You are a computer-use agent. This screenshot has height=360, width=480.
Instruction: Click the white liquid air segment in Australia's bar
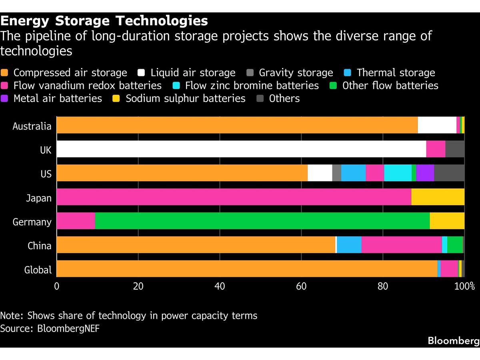click(x=437, y=125)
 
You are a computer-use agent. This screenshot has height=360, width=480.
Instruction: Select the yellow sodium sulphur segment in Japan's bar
click(x=438, y=197)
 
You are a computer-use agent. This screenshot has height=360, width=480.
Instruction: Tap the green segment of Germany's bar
click(x=262, y=221)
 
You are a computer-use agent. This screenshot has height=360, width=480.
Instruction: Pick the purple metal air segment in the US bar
click(x=425, y=173)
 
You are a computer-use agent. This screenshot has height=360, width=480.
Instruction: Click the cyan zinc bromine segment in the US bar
click(x=398, y=173)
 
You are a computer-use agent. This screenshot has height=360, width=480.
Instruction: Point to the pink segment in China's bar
click(x=402, y=245)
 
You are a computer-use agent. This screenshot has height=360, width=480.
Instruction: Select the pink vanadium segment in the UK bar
click(x=436, y=149)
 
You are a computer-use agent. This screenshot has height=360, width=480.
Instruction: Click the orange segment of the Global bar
click(x=247, y=269)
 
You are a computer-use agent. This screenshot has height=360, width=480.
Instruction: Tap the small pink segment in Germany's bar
click(x=76, y=221)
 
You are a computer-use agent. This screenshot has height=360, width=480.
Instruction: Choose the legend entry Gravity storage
click(x=296, y=73)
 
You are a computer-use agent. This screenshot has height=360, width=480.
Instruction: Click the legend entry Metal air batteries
click(x=57, y=98)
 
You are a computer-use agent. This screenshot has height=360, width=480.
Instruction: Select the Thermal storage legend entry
click(x=395, y=73)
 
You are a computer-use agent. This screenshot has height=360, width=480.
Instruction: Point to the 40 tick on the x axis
click(x=220, y=286)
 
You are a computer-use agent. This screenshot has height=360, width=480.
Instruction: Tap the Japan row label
click(x=39, y=198)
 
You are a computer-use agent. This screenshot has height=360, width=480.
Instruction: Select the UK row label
click(x=45, y=150)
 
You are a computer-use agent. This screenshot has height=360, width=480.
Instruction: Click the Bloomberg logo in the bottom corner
click(x=453, y=341)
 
